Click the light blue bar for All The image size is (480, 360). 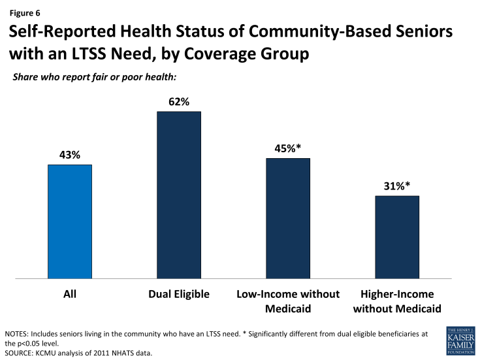coord(70,221)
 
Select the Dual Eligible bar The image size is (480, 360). coord(178,195)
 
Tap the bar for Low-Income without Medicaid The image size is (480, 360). coord(288,218)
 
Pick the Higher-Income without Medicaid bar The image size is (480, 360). coord(397,237)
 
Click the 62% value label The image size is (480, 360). coord(178,102)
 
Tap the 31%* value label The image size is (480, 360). coord(396,186)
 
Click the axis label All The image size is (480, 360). coord(69,294)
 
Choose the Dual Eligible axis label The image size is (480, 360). coord(178,294)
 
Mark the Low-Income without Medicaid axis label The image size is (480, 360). coord(287,301)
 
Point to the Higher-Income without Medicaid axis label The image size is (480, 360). coord(396,301)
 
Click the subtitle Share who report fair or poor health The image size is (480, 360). coord(95,78)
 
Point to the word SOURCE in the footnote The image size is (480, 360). coord(21,353)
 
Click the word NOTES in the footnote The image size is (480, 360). coord(18,334)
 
